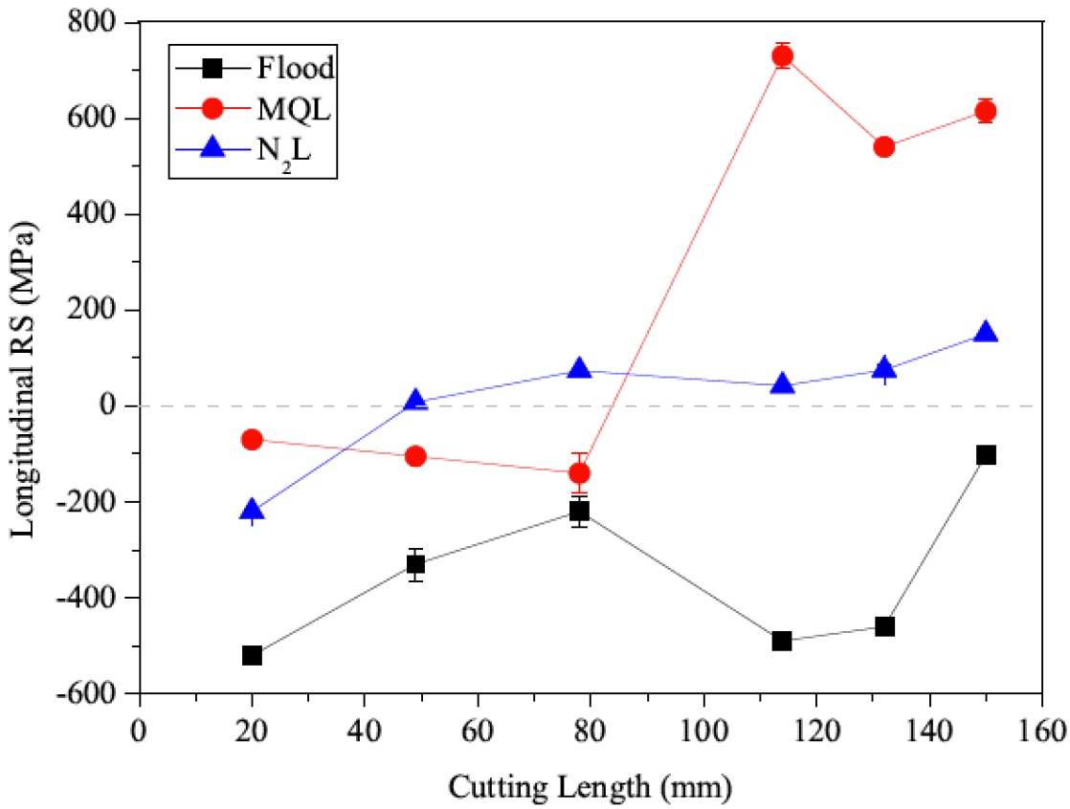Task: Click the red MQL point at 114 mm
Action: tap(782, 56)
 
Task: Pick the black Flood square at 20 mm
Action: tap(252, 655)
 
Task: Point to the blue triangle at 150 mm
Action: tap(986, 333)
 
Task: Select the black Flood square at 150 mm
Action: tap(986, 454)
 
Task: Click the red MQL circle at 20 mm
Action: tap(252, 439)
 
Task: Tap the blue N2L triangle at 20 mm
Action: tap(252, 510)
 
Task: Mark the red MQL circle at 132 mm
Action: tap(883, 146)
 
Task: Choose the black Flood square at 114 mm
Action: tap(782, 641)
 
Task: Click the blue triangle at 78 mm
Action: tap(579, 368)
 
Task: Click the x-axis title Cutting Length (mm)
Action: tap(591, 788)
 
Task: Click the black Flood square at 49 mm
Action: tap(415, 564)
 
